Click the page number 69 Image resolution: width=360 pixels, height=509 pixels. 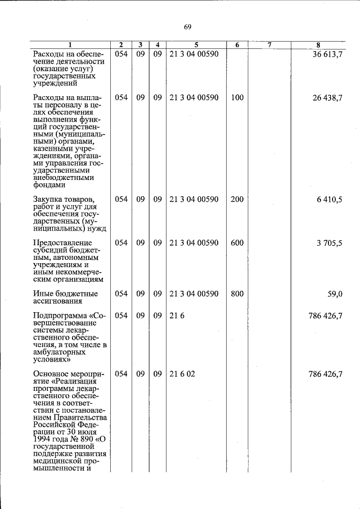point(188,27)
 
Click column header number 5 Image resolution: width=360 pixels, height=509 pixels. point(196,45)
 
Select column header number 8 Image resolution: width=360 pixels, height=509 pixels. point(318,45)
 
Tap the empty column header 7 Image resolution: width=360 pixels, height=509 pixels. point(269,45)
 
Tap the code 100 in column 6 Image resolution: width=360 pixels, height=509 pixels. point(237,97)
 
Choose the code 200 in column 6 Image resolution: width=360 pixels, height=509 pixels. point(237,199)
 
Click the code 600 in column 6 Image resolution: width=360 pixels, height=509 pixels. point(237,243)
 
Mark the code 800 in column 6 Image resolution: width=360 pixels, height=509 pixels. point(237,294)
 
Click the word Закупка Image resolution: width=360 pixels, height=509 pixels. point(48,199)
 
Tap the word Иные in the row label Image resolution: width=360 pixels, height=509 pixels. point(43,294)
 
